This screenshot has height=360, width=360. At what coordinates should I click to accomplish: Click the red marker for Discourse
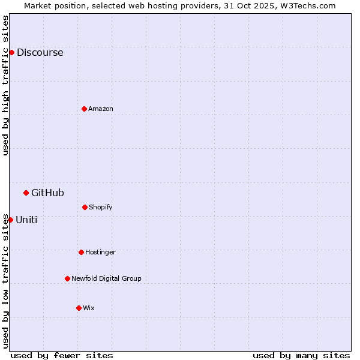(x=11, y=52)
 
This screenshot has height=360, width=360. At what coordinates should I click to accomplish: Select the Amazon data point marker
(x=84, y=109)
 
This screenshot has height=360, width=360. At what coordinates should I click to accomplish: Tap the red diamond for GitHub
(x=26, y=193)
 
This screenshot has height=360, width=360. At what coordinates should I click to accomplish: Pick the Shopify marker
(x=85, y=207)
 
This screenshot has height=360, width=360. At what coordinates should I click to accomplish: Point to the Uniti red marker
(x=10, y=220)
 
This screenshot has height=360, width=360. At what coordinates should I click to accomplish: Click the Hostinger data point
(x=81, y=252)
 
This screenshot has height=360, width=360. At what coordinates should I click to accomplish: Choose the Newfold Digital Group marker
(x=67, y=278)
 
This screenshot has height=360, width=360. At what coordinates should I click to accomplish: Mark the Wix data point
(x=79, y=308)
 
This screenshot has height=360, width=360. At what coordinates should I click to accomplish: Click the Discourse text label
(x=40, y=52)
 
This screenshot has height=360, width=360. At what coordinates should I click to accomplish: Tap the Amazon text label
(x=101, y=109)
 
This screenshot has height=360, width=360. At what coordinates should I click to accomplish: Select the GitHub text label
(x=47, y=193)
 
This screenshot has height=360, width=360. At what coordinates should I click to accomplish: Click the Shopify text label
(x=101, y=207)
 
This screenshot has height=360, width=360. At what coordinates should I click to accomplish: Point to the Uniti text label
(x=26, y=220)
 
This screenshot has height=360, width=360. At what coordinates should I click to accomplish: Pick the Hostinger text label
(x=100, y=252)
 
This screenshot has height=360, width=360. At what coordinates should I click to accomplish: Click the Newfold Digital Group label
(x=106, y=278)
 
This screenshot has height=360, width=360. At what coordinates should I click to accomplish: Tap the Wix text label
(x=89, y=308)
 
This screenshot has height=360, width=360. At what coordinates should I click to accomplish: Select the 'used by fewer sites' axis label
(x=62, y=355)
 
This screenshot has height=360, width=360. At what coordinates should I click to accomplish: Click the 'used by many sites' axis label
(x=301, y=355)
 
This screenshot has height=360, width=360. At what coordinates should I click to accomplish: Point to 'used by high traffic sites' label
(x=5, y=85)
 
